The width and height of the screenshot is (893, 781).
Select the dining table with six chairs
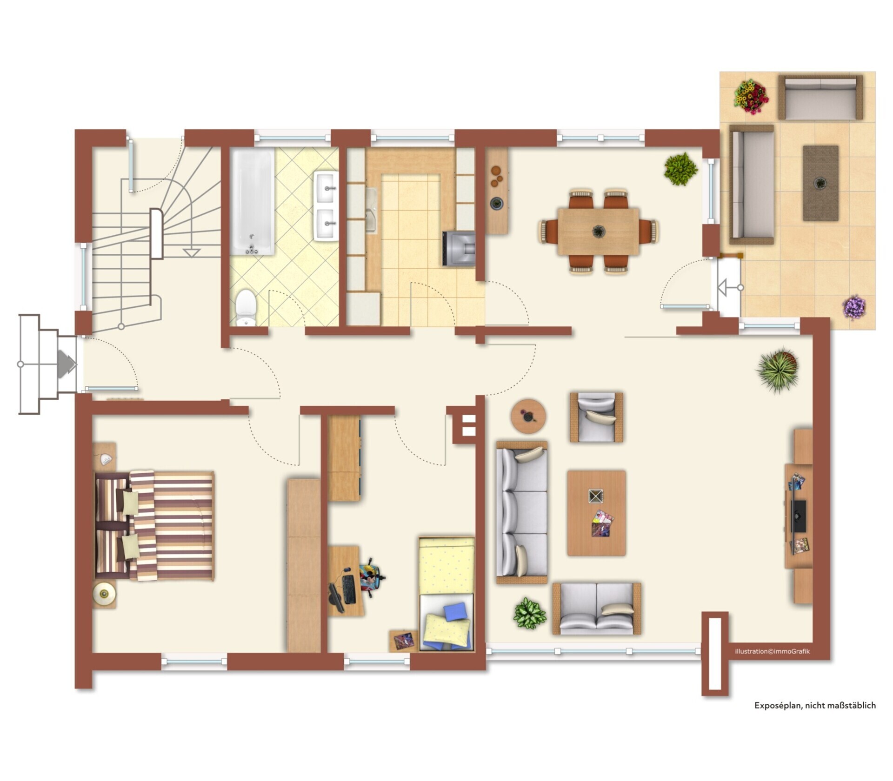[x=599, y=231]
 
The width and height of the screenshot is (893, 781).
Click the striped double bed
[x=154, y=526]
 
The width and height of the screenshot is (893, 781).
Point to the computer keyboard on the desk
[x=349, y=589]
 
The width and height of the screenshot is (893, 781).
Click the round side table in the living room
[x=528, y=416]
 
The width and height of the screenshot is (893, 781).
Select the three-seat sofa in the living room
[x=522, y=512]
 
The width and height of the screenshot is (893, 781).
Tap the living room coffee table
[x=596, y=513]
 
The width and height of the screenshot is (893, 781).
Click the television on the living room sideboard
[x=799, y=516]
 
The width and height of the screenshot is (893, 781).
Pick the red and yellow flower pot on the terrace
[x=751, y=97]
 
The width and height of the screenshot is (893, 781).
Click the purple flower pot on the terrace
[x=854, y=307]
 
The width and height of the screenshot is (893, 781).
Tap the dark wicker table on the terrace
[x=820, y=183]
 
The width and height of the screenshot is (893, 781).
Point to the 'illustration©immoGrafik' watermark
[x=772, y=651]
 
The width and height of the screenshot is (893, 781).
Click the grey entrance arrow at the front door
[x=67, y=364]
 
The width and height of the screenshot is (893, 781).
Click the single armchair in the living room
[x=597, y=417]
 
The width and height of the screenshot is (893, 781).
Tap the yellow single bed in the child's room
[x=446, y=594]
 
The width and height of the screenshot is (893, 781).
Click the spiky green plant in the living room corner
[x=778, y=369]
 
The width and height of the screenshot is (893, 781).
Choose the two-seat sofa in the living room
[x=597, y=609]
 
